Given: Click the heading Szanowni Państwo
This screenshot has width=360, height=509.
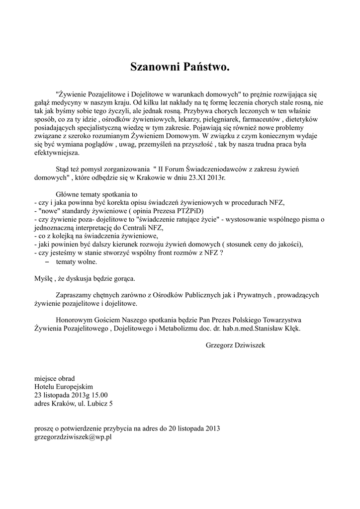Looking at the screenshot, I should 180,67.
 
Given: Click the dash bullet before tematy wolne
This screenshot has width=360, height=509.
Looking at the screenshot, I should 48,261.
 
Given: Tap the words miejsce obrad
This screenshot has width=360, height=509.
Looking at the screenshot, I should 55,378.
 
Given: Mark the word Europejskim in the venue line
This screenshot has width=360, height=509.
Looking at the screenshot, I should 75,387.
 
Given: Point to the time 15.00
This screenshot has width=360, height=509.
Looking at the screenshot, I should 98,395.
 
